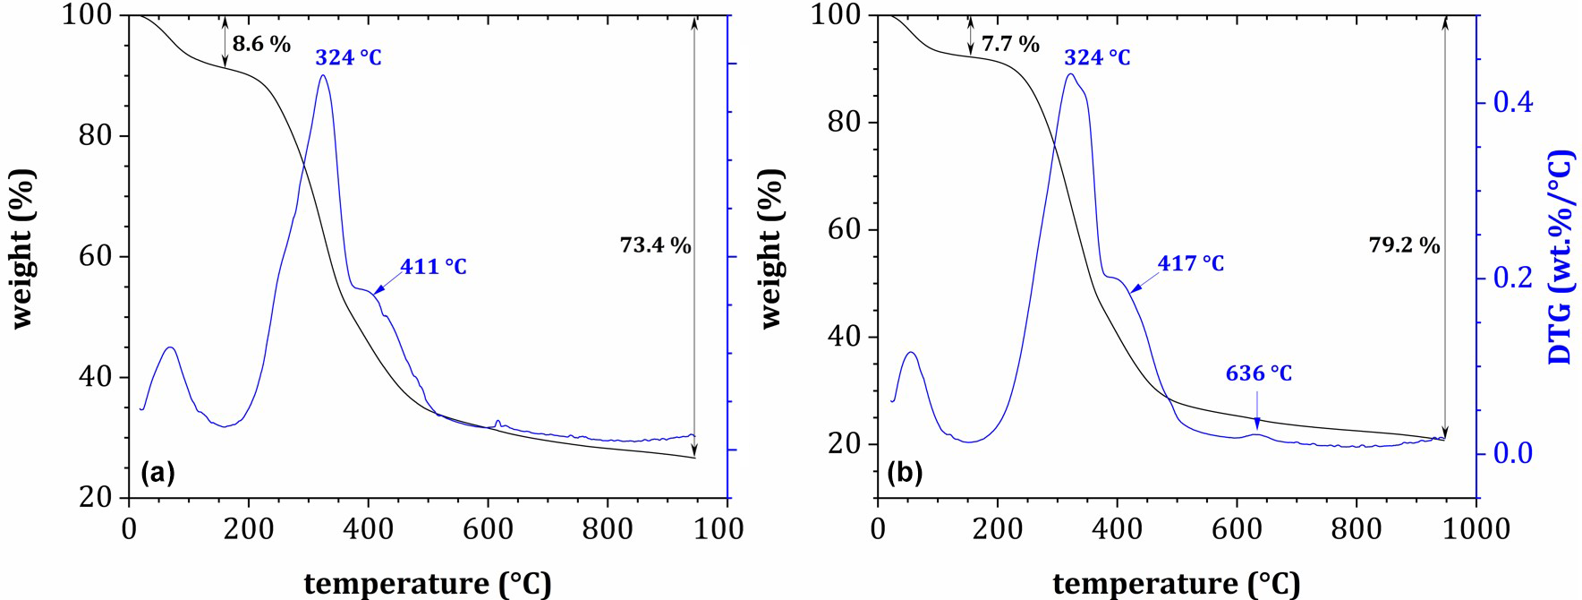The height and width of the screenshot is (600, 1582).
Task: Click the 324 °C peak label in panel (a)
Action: tap(348, 58)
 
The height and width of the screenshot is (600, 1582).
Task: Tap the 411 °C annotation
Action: tap(433, 267)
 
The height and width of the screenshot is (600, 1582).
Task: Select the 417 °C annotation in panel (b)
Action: tap(1190, 263)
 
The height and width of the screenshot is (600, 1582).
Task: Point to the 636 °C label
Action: tap(1258, 373)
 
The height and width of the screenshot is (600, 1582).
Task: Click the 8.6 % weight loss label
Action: tap(261, 44)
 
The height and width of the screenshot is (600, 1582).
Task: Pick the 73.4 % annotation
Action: tap(655, 245)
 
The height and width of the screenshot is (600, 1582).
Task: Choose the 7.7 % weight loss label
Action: tap(1010, 44)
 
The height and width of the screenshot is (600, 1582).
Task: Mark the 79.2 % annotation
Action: tap(1404, 245)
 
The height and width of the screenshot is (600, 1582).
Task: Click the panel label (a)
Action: tap(157, 472)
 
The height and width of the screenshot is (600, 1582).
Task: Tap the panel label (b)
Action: tap(904, 472)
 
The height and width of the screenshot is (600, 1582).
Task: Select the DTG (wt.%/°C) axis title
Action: tap(1561, 257)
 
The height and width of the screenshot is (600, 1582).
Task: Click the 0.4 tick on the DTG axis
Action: tap(1512, 102)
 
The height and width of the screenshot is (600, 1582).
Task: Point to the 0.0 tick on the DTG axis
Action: tap(1512, 453)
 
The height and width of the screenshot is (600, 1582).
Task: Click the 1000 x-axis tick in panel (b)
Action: tap(1476, 529)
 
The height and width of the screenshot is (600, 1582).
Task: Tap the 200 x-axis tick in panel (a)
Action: tap(248, 529)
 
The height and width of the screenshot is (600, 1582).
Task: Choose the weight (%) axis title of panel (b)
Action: tap(770, 248)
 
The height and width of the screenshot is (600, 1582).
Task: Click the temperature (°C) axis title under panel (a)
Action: tap(428, 584)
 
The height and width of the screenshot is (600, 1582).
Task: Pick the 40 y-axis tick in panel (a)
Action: tap(97, 377)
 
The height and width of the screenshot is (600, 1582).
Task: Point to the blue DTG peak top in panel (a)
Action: tap(323, 75)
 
